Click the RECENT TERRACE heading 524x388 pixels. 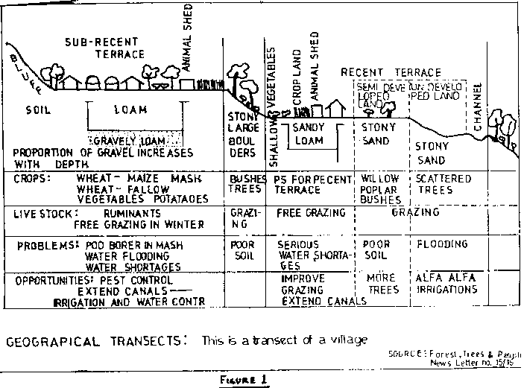(391, 71)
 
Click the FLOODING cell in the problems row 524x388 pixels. (442, 244)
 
